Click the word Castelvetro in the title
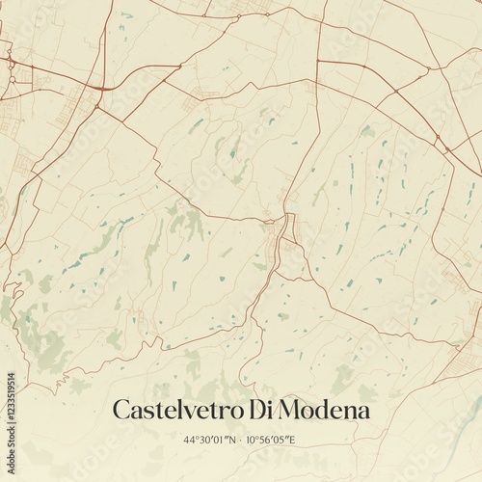175,410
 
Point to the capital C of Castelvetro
121,410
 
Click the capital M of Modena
287,410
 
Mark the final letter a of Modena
362,412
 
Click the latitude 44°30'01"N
210,440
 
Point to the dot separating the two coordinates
238,440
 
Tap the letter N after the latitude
228,440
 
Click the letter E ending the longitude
294,440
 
